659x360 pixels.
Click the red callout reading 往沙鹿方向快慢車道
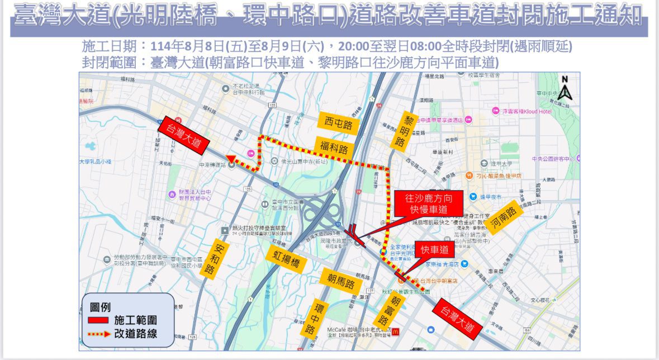click(x=429, y=203)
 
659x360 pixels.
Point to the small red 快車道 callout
click(x=435, y=251)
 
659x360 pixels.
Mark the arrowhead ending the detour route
click(x=230, y=159)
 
